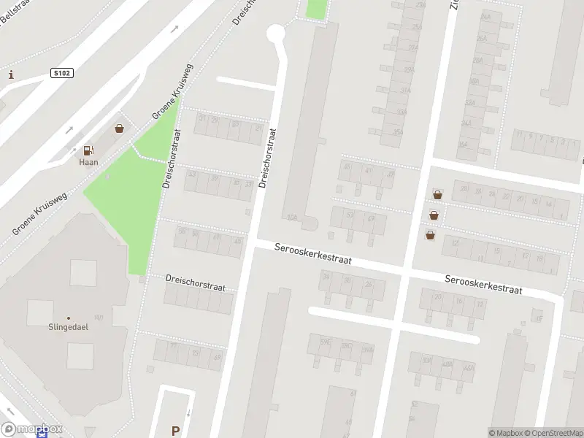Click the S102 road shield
click(61, 73)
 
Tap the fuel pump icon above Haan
click(88, 150)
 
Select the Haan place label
click(88, 162)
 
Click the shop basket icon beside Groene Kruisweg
click(119, 128)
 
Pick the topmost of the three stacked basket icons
click(437, 195)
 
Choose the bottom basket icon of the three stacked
click(431, 234)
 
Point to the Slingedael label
click(68, 326)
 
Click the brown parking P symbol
click(174, 431)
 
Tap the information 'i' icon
click(11, 74)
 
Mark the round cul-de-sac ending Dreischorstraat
click(275, 33)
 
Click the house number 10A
click(292, 217)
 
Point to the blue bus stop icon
click(44, 433)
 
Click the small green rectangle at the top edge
click(316, 9)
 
